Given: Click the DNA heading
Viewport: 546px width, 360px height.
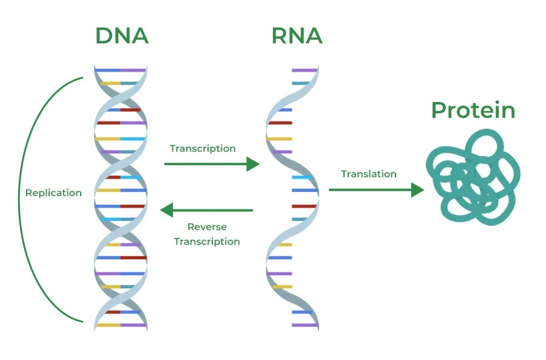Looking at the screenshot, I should [122, 36].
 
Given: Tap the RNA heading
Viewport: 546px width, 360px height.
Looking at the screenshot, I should [297, 36].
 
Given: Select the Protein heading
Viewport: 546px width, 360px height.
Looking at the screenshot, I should [473, 110].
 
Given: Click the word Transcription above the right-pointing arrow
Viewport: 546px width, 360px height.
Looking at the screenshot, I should [203, 149].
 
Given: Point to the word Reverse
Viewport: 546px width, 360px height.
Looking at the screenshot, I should [207, 227].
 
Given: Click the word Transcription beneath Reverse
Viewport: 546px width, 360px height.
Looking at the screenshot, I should [207, 242].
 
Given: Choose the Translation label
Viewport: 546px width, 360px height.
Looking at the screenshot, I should [369, 174].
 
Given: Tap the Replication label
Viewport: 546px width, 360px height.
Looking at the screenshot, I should [53, 193].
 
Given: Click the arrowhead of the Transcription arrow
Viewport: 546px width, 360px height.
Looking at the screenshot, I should [254, 164].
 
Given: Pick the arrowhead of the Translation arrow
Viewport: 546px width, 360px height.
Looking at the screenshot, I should [417, 190].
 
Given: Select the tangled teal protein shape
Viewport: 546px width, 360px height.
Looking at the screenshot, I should [474, 175].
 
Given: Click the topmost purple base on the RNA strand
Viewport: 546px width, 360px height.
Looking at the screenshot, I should [305, 70].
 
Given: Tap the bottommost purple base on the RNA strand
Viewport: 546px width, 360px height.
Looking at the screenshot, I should [305, 325].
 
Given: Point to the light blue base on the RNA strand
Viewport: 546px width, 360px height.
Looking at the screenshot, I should [302, 177].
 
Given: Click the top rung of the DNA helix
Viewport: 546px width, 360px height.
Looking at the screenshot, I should [121, 70].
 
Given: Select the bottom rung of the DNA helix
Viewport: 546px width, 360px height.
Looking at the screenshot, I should [121, 325].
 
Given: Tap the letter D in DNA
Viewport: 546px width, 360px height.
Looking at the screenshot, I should [105, 36].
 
